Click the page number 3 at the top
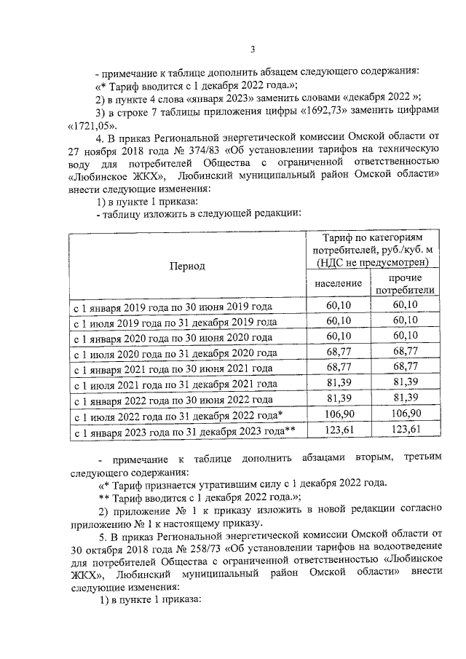pyautogui.click(x=252, y=50)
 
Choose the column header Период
pyautogui.click(x=187, y=267)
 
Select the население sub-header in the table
pyautogui.click(x=338, y=283)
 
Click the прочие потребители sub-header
pyautogui.click(x=405, y=284)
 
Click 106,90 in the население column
pyautogui.click(x=339, y=414)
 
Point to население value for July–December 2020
pyautogui.click(x=339, y=352)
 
